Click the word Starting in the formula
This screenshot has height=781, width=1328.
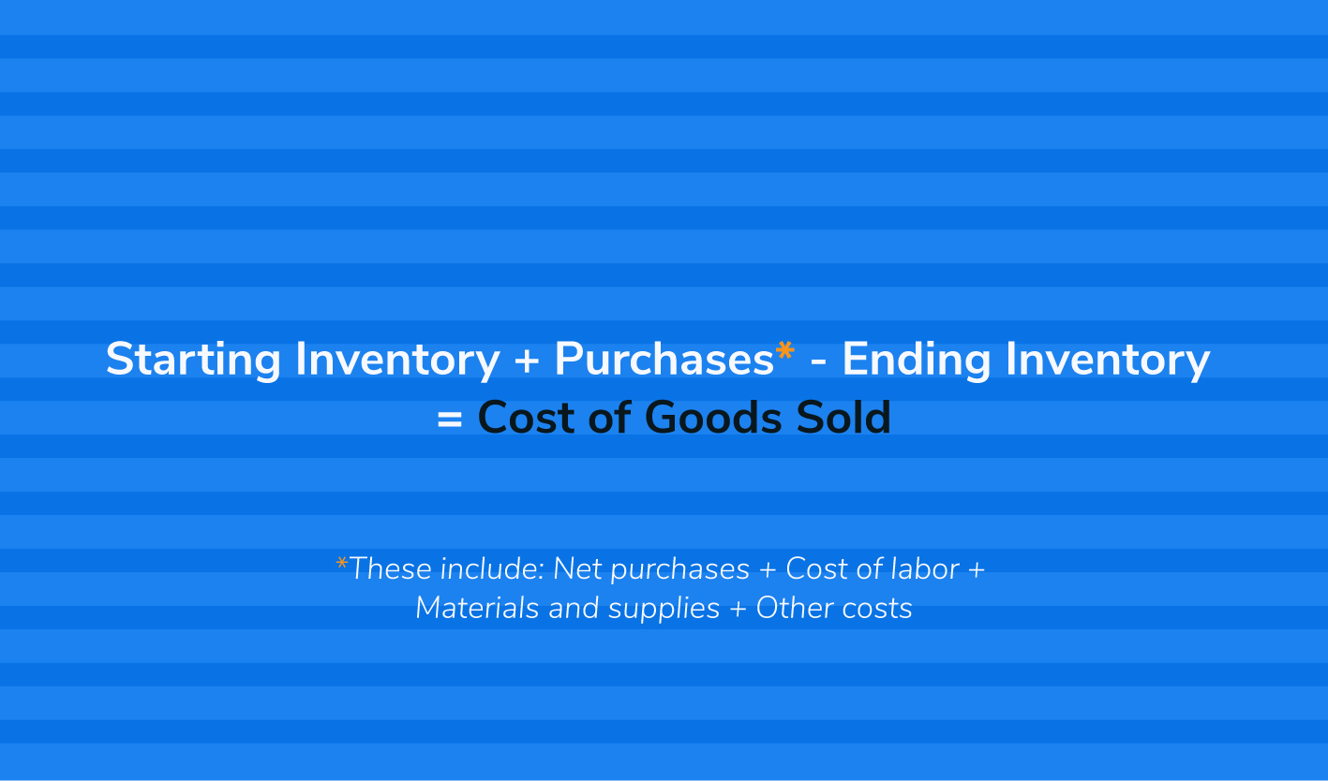pos(193,360)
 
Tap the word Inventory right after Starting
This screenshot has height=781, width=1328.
pos(397,360)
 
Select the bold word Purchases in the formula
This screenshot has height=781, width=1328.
pos(664,359)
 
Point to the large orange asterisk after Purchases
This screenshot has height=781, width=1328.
pos(785,349)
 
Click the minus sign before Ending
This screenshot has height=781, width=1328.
pos(818,361)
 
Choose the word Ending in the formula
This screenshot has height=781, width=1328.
pos(916,360)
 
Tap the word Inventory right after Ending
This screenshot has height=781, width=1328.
pos(1108,360)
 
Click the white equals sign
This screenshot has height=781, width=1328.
pos(450,420)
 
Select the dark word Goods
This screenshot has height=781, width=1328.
pos(713,417)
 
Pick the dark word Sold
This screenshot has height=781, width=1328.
pos(843,417)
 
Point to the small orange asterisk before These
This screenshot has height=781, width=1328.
pos(341,562)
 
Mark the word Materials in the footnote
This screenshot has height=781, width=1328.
pos(477,608)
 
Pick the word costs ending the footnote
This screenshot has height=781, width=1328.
pos(877,609)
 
